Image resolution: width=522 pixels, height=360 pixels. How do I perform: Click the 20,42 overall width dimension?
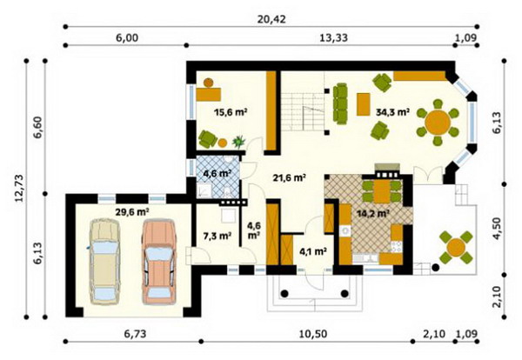271,19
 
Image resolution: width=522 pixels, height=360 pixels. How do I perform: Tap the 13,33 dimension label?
333,38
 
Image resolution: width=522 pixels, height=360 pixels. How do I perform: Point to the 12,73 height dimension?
19,189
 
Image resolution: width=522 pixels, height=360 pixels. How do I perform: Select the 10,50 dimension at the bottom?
313,334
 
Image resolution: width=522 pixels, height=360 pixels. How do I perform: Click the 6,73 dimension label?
135,334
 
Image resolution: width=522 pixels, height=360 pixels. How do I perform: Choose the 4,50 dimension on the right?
497,228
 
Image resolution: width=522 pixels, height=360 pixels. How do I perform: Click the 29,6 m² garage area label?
132,212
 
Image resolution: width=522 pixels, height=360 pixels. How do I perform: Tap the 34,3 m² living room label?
392,112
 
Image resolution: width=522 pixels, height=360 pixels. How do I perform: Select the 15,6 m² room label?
231,112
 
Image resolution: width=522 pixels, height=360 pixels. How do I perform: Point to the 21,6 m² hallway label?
290,177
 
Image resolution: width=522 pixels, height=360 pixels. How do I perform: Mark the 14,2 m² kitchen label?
373,213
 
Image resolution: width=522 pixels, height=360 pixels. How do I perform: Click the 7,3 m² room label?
217,236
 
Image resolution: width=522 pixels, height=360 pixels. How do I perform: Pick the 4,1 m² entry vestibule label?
312,251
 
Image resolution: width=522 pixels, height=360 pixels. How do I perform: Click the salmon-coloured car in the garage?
159,262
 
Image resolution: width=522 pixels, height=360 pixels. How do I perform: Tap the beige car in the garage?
105,262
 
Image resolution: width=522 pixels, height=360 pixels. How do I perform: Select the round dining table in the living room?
438,122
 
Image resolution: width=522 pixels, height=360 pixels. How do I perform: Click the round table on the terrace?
456,247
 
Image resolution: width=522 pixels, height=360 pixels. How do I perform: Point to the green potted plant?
239,141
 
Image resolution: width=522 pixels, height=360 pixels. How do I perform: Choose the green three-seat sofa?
340,103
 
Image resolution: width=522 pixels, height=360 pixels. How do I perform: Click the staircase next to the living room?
302,112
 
